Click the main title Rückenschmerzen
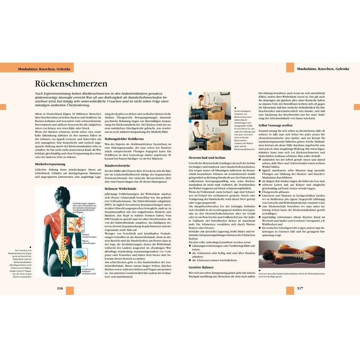point(71,84)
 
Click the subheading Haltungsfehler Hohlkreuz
point(125,138)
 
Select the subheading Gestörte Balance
point(201,267)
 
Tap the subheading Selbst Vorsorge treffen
point(275,125)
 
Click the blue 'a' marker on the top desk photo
point(190,94)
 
